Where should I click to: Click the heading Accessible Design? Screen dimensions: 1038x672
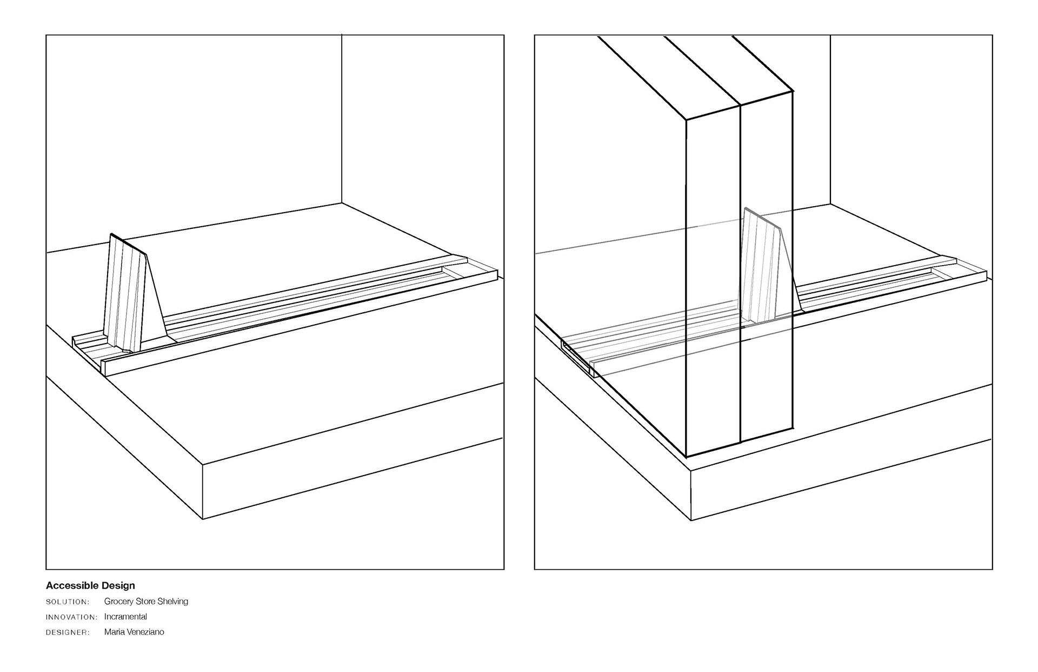click(90, 585)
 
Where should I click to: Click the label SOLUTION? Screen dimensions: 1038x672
click(68, 602)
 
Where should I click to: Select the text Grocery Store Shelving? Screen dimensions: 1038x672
click(146, 601)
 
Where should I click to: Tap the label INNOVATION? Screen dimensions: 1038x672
click(72, 617)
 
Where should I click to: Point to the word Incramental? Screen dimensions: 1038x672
click(125, 616)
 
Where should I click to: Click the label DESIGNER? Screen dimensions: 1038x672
click(68, 632)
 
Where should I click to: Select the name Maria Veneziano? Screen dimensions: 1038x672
click(134, 631)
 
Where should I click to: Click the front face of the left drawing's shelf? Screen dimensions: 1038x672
click(351, 476)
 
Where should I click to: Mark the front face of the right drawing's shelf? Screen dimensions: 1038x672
click(841, 479)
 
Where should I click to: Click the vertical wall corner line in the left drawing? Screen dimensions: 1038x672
click(342, 119)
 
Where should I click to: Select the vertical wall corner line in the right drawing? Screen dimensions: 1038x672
click(830, 119)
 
